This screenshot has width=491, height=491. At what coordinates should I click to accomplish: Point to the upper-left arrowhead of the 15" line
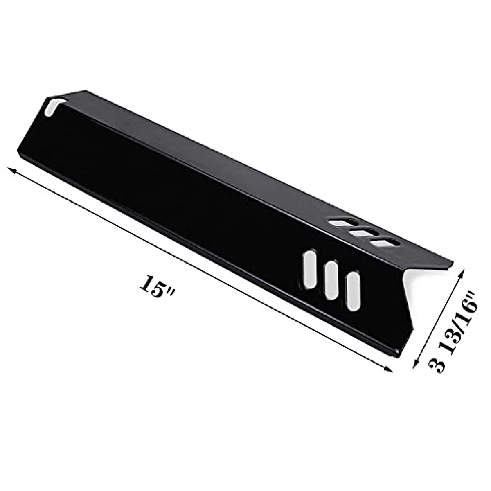click(x=12, y=171)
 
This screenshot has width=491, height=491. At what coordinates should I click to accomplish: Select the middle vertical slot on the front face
click(x=331, y=280)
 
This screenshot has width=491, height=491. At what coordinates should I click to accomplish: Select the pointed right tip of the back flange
click(x=453, y=266)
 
